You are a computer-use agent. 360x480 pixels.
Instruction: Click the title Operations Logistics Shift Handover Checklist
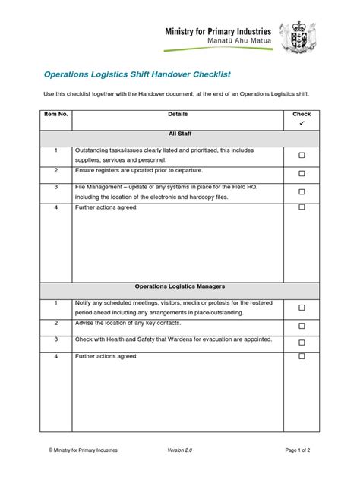pyautogui.click(x=135, y=75)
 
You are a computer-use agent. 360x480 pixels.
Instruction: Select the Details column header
pyautogui.click(x=178, y=114)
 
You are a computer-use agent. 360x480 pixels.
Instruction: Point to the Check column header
pyautogui.click(x=302, y=114)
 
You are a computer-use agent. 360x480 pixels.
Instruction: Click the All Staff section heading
pyautogui.click(x=178, y=134)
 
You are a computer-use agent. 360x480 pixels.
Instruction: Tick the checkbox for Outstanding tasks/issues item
pyautogui.click(x=302, y=155)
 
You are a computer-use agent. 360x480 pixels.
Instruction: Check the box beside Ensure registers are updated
pyautogui.click(x=302, y=173)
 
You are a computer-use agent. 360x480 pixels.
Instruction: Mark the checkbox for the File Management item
pyautogui.click(x=302, y=192)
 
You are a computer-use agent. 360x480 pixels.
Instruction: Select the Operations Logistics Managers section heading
pyautogui.click(x=178, y=286)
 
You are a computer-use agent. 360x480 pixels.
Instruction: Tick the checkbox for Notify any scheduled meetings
pyautogui.click(x=302, y=308)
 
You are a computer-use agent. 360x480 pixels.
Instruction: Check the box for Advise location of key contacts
pyautogui.click(x=302, y=325)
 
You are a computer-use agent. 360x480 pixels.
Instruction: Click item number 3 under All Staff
pyautogui.click(x=56, y=185)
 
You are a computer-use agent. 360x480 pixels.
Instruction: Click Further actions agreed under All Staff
pyautogui.click(x=106, y=207)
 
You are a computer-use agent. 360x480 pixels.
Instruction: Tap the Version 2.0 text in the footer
pyautogui.click(x=181, y=450)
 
